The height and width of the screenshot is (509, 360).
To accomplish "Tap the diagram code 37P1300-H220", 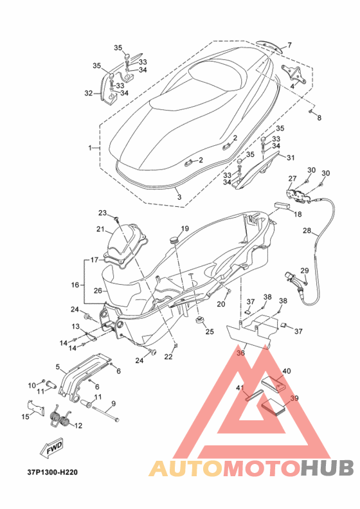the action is pos(53,472).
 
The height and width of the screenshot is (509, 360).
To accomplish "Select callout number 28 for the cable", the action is pos(307,231).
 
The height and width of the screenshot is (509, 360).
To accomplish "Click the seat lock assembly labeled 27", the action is pos(297,195).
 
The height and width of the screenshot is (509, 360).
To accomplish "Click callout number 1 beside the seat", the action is pos(90,148).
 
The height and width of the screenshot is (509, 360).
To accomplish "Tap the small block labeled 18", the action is pos(283,205).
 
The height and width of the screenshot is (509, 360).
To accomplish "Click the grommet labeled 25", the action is pos(200,320).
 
